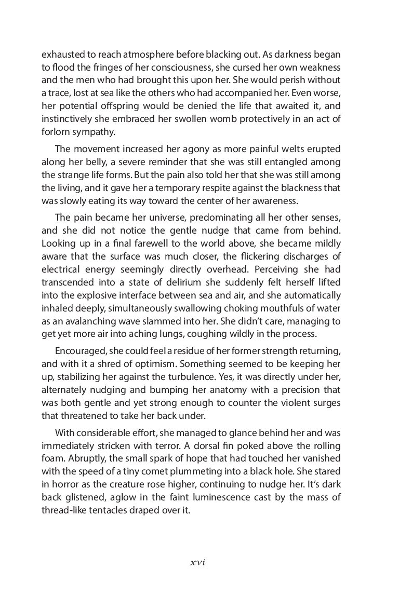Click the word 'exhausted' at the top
(62, 55)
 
